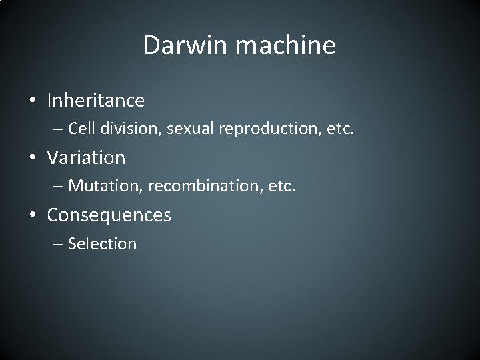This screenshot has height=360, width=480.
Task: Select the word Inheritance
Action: tap(95, 101)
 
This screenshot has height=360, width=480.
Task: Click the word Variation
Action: tap(86, 158)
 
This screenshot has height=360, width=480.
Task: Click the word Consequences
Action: tap(109, 215)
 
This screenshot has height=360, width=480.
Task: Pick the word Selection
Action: tap(102, 243)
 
